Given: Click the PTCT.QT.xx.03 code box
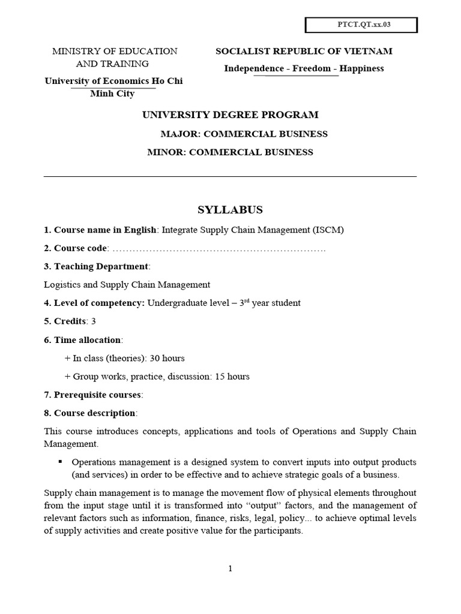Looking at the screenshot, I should point(361,25).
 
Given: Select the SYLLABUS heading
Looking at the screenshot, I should point(230,210).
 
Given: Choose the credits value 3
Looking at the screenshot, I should point(94,321).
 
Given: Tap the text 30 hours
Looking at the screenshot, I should point(166,358).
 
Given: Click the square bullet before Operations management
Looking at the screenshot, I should point(60,462).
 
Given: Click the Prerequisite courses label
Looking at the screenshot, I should point(98,395).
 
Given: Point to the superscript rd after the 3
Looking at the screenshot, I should point(246,300).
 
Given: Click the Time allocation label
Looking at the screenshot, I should point(87,340).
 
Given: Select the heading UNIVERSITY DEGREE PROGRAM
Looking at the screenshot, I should point(230,115).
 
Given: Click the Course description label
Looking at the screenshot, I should point(94,413).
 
